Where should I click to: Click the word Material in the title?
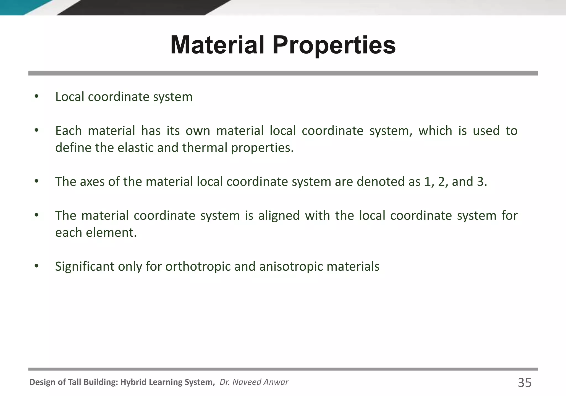point(218,45)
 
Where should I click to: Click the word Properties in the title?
point(334,46)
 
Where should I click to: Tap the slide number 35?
point(525,383)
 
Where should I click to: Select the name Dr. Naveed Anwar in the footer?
point(254,382)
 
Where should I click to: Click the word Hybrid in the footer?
point(134,382)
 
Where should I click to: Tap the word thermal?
point(205,147)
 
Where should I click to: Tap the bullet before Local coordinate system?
point(36,97)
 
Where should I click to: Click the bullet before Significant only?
point(36,266)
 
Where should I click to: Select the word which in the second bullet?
point(435,131)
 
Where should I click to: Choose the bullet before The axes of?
point(36,181)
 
